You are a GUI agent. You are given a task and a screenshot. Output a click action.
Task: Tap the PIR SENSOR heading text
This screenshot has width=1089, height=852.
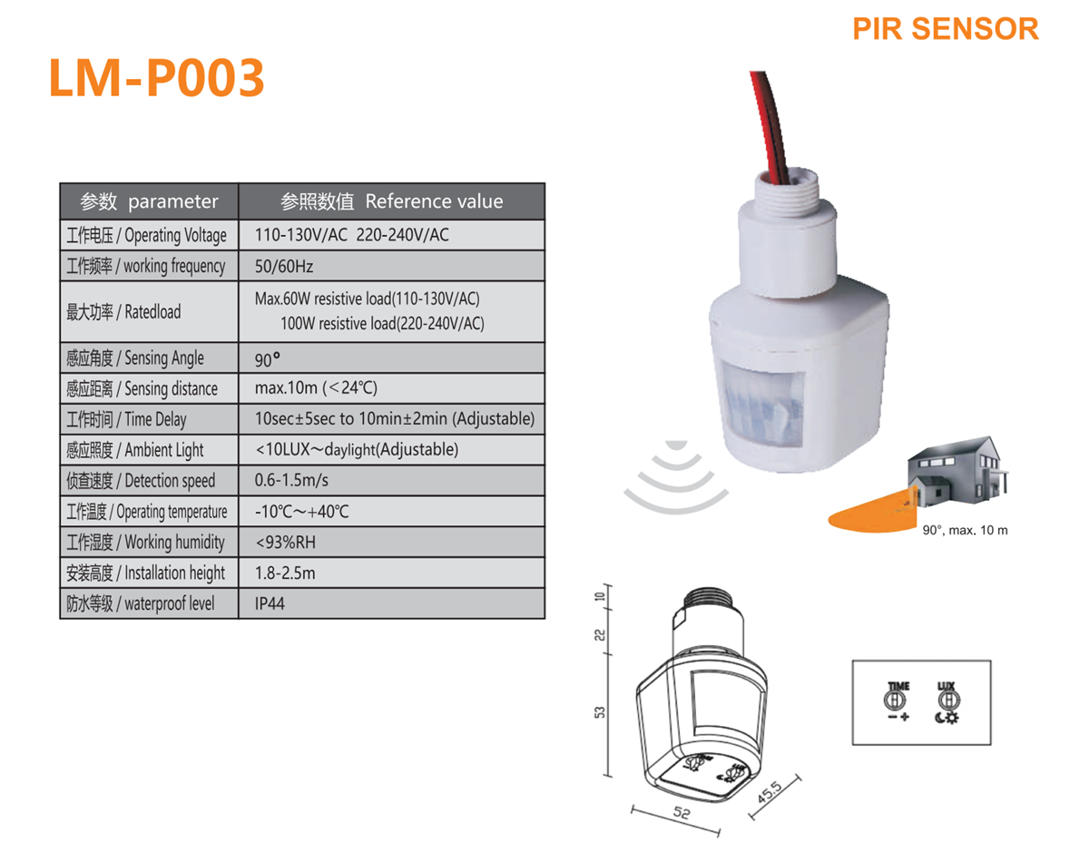coord(945,28)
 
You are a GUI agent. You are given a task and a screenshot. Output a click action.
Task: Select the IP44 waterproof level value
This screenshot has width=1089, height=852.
coord(270,603)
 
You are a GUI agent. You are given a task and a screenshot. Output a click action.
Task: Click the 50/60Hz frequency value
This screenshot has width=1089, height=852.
coord(284,266)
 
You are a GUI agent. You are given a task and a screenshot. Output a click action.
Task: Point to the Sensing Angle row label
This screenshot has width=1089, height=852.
coord(135,358)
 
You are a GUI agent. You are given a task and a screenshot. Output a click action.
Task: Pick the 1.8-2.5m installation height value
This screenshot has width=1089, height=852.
coord(286,573)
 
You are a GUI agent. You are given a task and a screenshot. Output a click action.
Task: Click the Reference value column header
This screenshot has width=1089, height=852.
coord(392,201)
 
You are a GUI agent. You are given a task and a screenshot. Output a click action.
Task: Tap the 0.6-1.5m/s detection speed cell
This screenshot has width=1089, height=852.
coord(292,481)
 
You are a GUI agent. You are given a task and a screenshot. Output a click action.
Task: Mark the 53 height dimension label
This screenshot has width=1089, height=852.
coord(600,712)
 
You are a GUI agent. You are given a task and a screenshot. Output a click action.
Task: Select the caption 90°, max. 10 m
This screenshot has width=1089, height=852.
coord(965,530)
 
